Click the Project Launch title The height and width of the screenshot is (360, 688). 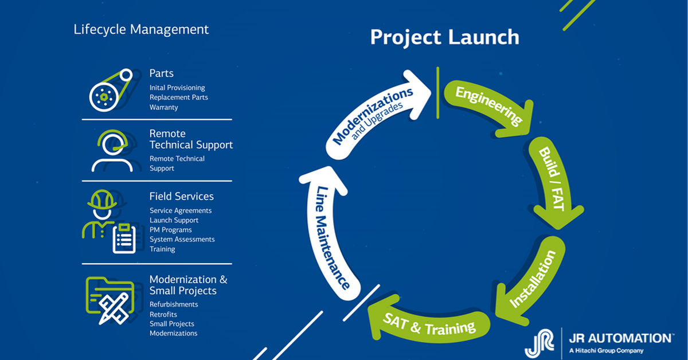point(444,37)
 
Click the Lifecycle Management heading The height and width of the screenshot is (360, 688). point(141,29)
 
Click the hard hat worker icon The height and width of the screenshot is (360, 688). point(101,213)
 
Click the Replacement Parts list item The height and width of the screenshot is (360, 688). point(178,97)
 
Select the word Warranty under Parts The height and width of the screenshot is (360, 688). point(163,107)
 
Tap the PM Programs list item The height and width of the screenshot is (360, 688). point(170,230)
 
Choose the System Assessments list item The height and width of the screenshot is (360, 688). point(182,240)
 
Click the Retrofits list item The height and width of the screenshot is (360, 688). point(163,314)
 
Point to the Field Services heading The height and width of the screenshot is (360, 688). point(181,196)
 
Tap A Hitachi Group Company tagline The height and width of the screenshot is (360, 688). point(606,351)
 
